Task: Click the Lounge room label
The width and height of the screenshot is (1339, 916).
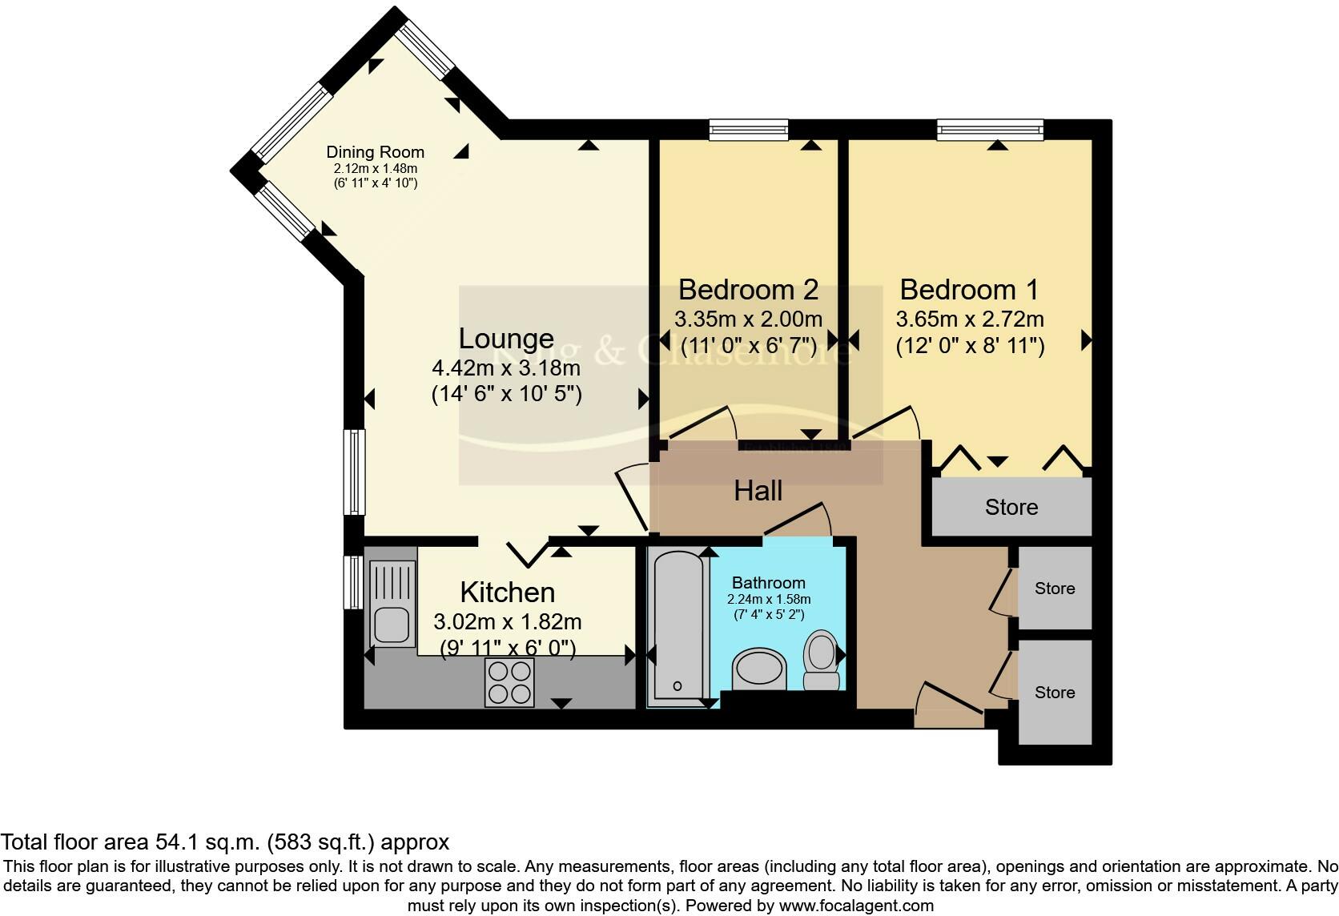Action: [x=505, y=339]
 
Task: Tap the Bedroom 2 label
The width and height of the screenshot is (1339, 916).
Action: [x=748, y=289]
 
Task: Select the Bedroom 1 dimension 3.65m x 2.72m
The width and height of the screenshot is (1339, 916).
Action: [x=969, y=319]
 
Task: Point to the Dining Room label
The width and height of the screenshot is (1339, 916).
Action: [x=375, y=152]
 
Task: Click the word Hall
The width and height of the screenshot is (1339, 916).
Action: [x=758, y=491]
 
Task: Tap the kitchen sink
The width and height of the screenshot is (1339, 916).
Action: [x=392, y=625]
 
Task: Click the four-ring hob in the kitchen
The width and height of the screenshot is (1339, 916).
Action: [x=509, y=682]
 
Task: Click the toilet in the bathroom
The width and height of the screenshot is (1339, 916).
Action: [x=821, y=659]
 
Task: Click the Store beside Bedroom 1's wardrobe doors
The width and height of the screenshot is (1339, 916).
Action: [x=1011, y=507]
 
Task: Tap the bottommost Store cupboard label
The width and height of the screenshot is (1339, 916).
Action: [x=1054, y=693]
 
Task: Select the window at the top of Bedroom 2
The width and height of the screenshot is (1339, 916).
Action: [x=749, y=130]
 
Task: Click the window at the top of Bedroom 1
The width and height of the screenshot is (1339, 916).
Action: [x=990, y=130]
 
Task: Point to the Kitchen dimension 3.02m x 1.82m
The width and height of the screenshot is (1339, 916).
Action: [x=507, y=622]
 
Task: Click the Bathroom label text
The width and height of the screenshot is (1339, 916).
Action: [x=768, y=583]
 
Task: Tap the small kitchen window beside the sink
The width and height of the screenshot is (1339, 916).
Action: [x=353, y=582]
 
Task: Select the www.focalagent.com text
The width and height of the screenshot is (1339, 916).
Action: [x=856, y=906]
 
